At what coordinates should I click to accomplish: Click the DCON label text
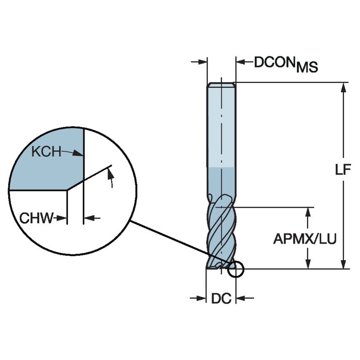(274, 62)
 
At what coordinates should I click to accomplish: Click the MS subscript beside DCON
(306, 67)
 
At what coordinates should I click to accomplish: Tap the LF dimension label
(343, 170)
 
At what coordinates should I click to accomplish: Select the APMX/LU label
(305, 239)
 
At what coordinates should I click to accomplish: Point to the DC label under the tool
(221, 298)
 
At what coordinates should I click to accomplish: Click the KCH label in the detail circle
(46, 151)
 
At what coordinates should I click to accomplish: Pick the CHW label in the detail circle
(37, 218)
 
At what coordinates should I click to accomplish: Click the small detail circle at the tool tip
(236, 269)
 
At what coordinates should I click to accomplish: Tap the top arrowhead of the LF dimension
(344, 87)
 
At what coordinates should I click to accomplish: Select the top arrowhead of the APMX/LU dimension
(308, 212)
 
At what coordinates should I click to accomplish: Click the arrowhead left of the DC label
(201, 298)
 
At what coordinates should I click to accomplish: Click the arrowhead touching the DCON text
(241, 62)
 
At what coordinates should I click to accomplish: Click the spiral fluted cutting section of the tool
(221, 232)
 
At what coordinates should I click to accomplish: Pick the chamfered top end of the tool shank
(221, 84)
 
